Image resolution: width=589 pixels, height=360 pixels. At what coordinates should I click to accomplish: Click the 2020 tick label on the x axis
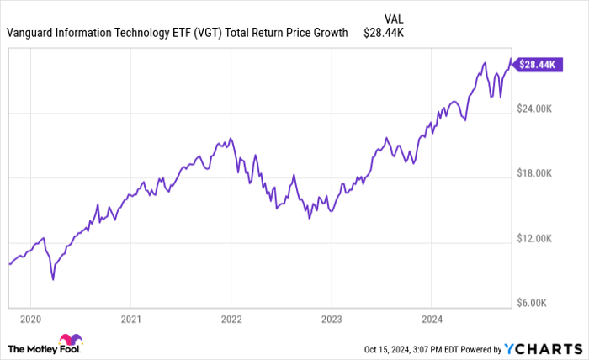pos(29,319)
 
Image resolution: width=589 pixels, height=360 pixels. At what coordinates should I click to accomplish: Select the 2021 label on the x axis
pos(130,319)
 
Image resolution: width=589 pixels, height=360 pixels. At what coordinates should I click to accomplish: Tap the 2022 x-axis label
pos(231,319)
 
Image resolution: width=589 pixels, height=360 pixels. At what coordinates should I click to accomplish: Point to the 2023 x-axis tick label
pos(331,319)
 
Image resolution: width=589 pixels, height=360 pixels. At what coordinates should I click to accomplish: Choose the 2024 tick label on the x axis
pos(431,319)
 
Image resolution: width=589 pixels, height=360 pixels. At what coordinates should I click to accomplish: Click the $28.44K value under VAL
pos(385,34)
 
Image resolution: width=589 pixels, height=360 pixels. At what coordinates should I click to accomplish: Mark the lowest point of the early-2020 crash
pos(53,278)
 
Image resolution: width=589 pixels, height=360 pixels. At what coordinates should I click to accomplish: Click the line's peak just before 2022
pos(230,138)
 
